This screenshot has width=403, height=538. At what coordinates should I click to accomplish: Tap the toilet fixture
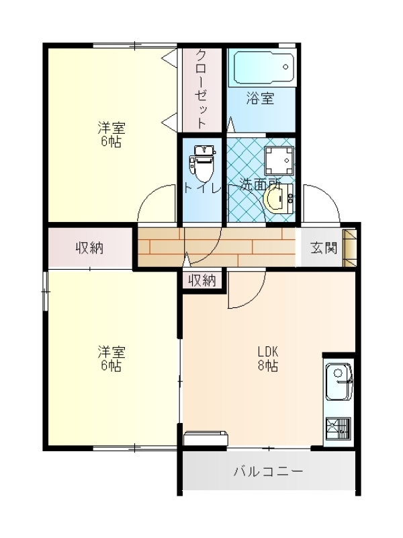(x=204, y=163)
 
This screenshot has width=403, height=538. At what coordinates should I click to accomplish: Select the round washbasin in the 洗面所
(x=278, y=199)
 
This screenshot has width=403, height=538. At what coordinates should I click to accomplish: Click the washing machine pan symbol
(x=279, y=161)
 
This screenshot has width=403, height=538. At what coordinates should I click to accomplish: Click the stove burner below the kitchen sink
(x=339, y=428)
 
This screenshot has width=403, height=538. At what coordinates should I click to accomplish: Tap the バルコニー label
(x=268, y=471)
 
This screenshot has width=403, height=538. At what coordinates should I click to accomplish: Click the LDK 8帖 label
(x=268, y=359)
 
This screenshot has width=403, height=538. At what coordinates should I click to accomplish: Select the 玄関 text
(x=324, y=247)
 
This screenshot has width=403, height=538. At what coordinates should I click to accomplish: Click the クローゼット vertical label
(x=201, y=89)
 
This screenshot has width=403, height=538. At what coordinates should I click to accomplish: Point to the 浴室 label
(x=261, y=98)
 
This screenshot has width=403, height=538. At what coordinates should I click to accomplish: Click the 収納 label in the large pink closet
(x=90, y=247)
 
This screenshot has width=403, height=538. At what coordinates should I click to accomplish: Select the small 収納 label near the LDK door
(x=203, y=280)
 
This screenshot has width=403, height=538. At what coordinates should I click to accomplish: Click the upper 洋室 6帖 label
(x=111, y=135)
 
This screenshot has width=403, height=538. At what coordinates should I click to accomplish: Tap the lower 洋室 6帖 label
(x=111, y=359)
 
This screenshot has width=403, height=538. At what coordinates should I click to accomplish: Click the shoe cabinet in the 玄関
(x=350, y=248)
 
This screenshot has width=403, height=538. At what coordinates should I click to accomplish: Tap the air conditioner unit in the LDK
(x=206, y=438)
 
